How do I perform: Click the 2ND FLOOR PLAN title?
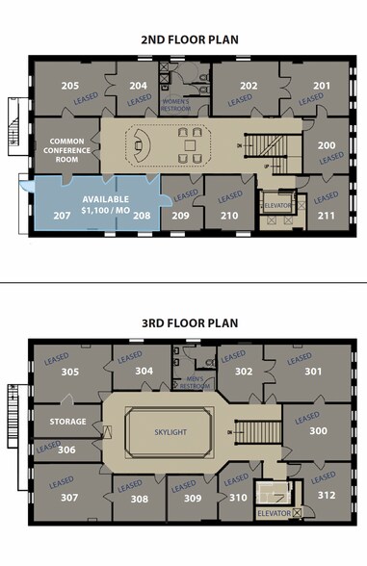pyautogui.click(x=183, y=39)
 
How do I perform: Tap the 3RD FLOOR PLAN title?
pyautogui.click(x=183, y=323)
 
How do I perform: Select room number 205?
pyautogui.click(x=70, y=86)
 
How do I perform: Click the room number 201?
pyautogui.click(x=321, y=86)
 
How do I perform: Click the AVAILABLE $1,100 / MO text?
pyautogui.click(x=98, y=192)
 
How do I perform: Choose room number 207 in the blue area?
pyautogui.click(x=62, y=216)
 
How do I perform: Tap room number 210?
pyautogui.click(x=228, y=216)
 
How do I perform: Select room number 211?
pyautogui.click(x=327, y=216)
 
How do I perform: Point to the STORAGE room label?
pyautogui.click(x=68, y=421)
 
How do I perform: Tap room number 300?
pyautogui.click(x=317, y=432)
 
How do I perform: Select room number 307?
pyautogui.click(x=69, y=498)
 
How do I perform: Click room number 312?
pyautogui.click(x=327, y=496)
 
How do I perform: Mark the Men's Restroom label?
pyautogui.click(x=196, y=382)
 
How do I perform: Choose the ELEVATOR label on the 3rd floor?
pyautogui.click(x=274, y=513)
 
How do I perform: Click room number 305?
pyautogui.click(x=69, y=372)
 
